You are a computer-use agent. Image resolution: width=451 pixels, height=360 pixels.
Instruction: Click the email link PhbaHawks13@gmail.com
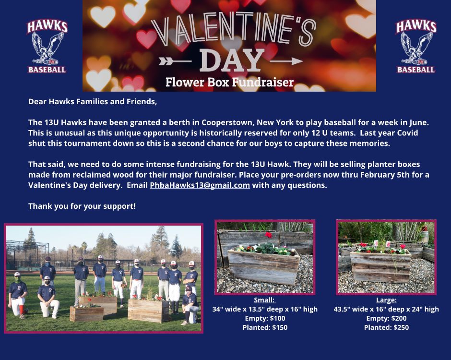[x=200, y=185]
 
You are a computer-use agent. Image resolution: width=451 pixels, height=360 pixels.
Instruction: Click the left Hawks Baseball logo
[x=47, y=47]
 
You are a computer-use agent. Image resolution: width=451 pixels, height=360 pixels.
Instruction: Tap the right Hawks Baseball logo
[x=416, y=47]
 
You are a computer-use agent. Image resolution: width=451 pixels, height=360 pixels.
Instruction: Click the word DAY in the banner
[x=232, y=60]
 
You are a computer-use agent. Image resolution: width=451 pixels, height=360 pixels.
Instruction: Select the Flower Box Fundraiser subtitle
[x=229, y=82]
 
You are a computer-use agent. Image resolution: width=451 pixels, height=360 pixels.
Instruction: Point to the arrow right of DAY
[x=286, y=61]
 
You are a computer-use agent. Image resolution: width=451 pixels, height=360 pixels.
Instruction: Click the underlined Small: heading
[x=265, y=300]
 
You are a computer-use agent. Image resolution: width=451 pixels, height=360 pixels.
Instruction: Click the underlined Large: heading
[x=386, y=300]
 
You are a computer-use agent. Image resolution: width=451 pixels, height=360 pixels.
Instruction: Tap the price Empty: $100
[x=265, y=318]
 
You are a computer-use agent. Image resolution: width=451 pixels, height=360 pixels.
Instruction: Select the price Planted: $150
[x=265, y=327]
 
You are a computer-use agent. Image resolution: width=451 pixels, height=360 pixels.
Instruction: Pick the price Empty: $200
[x=386, y=318]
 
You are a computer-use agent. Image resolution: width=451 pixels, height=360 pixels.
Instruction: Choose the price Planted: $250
[x=386, y=327]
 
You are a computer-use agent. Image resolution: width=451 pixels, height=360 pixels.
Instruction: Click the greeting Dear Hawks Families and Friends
[x=93, y=102]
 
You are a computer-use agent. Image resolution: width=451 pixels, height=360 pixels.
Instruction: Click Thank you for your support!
[x=82, y=206]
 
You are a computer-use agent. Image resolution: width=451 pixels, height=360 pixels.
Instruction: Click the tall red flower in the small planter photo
[x=268, y=235]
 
